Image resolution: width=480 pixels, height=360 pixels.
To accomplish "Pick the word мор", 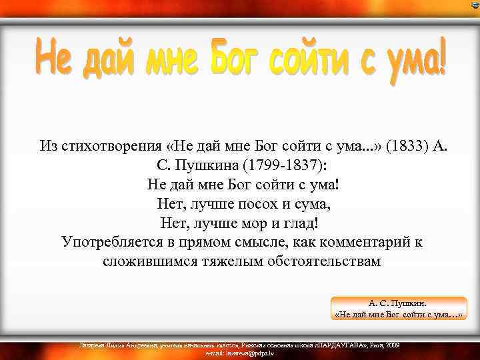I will [x=261, y=223].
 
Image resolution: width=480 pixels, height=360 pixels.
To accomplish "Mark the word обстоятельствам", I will [x=324, y=261].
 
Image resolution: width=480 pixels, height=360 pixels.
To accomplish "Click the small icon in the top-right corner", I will [x=474, y=5].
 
